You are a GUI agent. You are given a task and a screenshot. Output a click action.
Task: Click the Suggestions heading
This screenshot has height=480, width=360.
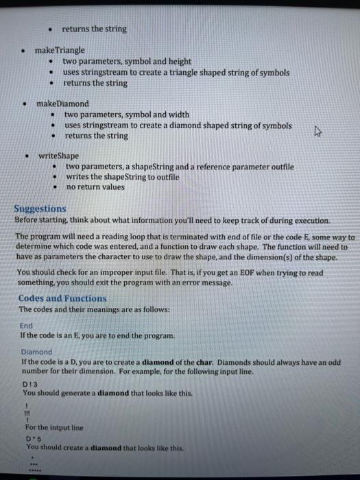point(40,208)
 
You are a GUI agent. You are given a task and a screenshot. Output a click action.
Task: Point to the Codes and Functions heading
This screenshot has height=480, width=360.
point(62,298)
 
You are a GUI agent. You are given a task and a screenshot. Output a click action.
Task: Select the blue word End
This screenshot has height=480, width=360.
point(26,326)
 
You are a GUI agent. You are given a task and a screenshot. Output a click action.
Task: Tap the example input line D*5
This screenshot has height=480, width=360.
point(31,437)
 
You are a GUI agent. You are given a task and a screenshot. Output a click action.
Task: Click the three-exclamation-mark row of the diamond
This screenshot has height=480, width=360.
point(28,413)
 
